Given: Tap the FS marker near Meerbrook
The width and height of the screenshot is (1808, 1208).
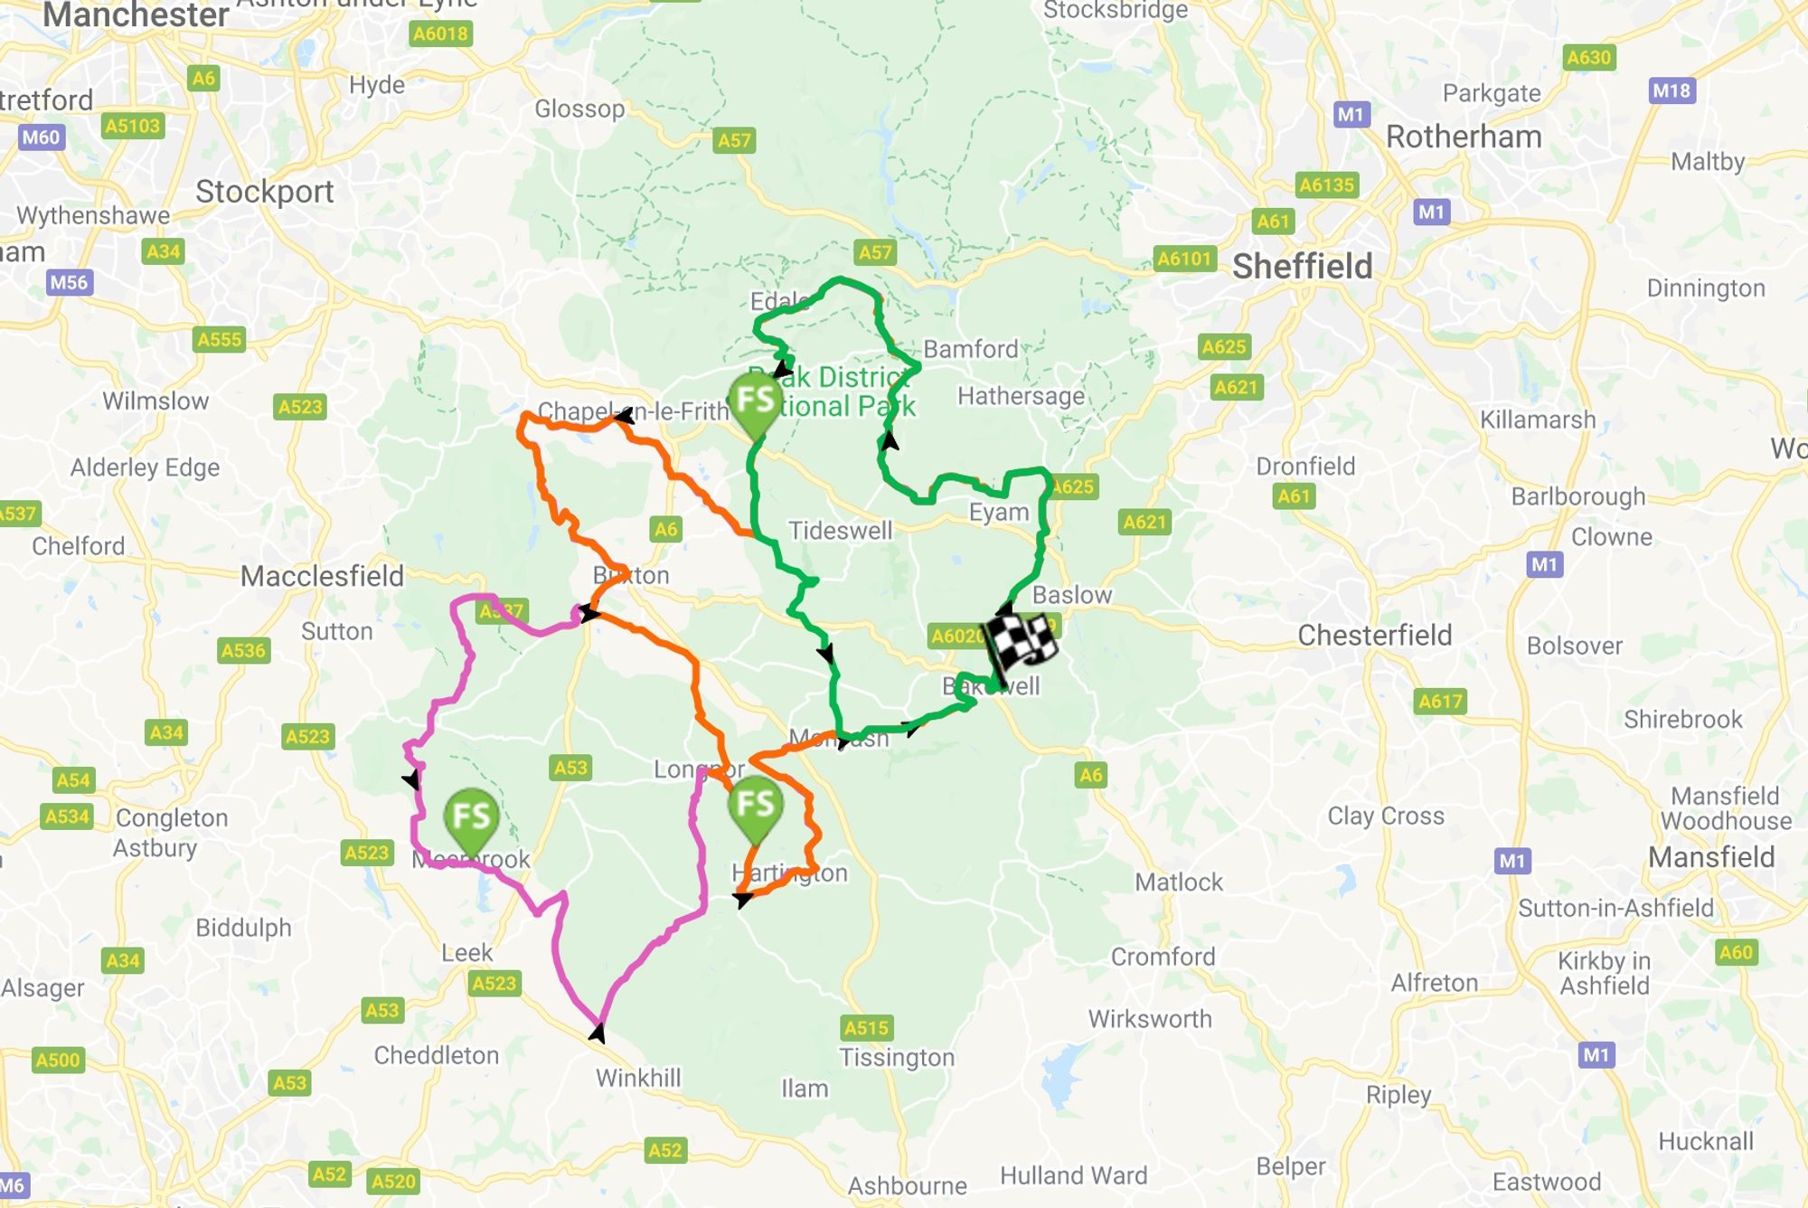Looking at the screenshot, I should (x=471, y=817).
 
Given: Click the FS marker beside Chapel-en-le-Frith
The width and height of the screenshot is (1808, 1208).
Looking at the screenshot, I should (x=755, y=401).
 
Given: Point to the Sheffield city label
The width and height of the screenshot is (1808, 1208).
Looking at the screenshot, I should (x=1302, y=267).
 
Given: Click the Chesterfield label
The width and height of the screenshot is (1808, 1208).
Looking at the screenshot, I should (x=1374, y=636).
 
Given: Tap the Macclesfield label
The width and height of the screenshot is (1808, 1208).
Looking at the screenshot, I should (x=322, y=576).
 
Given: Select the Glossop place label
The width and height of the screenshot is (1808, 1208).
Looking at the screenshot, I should (x=579, y=109).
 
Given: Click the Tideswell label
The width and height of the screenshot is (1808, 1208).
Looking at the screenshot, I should (x=840, y=531).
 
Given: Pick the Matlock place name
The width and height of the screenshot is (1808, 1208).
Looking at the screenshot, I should (x=1178, y=882).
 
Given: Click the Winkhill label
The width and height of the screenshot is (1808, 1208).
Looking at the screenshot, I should (x=638, y=1078).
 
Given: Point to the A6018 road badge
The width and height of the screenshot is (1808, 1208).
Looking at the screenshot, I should (x=440, y=34).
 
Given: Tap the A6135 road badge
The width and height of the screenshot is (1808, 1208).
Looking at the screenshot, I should (x=1326, y=185).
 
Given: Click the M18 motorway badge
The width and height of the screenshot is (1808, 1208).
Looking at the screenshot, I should (x=1671, y=90).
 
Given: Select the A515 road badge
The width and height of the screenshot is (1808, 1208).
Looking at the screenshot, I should (x=866, y=1028).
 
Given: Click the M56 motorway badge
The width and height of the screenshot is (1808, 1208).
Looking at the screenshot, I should (x=69, y=283).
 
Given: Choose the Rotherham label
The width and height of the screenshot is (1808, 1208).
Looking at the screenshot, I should (x=1464, y=137).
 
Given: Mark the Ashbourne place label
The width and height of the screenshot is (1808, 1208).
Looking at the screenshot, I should (x=907, y=1185).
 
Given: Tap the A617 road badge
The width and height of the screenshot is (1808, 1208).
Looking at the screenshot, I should (x=1440, y=702).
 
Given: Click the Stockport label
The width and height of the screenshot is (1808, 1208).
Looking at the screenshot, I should (x=265, y=192).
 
